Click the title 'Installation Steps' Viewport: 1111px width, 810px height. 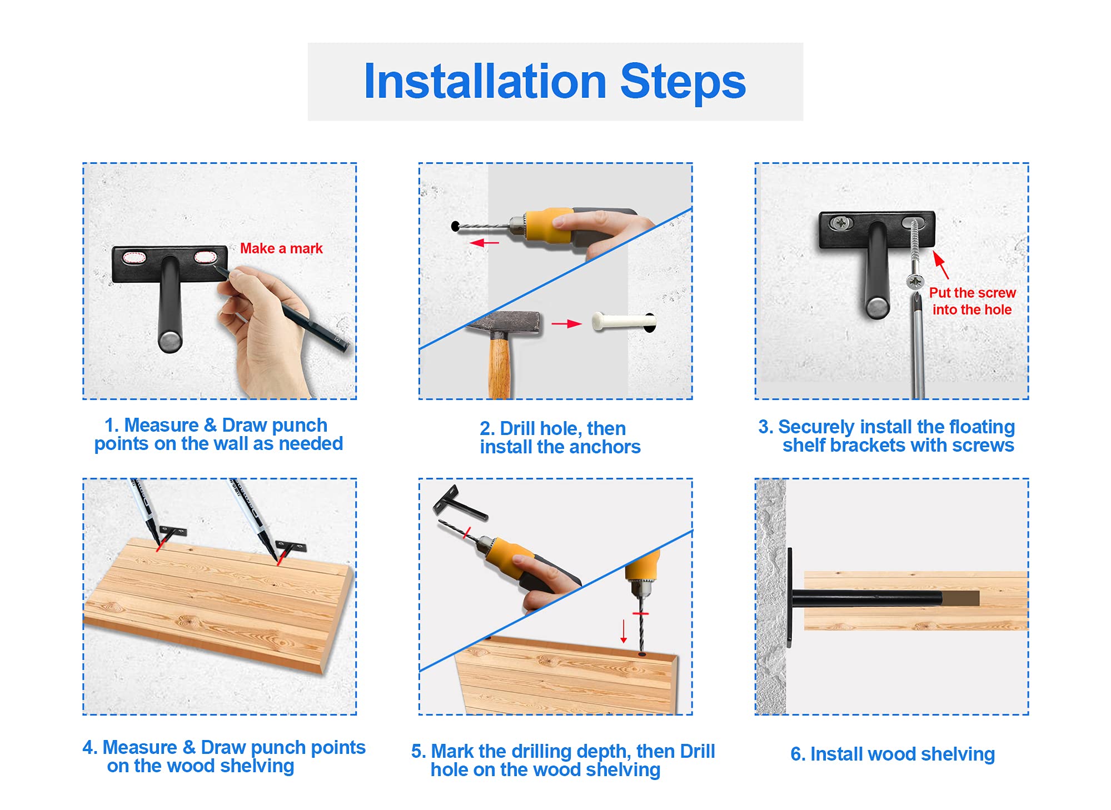(555, 81)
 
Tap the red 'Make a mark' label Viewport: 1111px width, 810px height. (281, 248)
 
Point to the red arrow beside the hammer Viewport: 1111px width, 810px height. (566, 323)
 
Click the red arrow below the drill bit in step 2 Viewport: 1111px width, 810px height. (484, 243)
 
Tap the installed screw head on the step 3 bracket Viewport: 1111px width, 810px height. (841, 223)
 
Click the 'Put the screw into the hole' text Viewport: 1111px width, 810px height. (972, 301)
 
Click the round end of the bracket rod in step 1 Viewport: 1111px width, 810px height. (170, 340)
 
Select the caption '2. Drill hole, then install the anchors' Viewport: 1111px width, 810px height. (560, 437)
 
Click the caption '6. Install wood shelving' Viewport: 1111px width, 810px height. (893, 754)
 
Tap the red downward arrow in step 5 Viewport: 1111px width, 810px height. (624, 631)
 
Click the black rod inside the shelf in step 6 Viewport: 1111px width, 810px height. (867, 598)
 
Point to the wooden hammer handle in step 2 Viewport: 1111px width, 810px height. (499, 367)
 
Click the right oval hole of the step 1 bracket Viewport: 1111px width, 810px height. (205, 258)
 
